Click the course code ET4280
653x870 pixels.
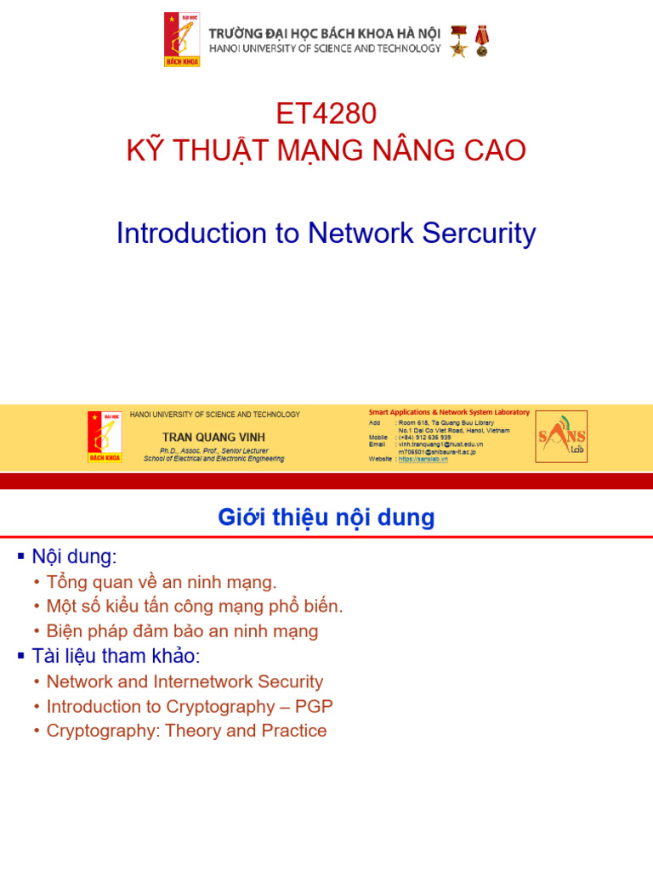pyautogui.click(x=326, y=113)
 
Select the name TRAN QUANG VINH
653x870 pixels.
pyautogui.click(x=213, y=438)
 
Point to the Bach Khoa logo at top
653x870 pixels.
pyautogui.click(x=182, y=40)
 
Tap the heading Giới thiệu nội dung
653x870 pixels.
pyautogui.click(x=326, y=517)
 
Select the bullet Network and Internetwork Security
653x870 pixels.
pyautogui.click(x=185, y=681)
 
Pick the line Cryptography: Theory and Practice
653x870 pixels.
pyautogui.click(x=186, y=731)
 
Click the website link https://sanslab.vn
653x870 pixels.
pyautogui.click(x=423, y=459)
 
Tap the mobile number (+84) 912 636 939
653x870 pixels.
pyautogui.click(x=424, y=438)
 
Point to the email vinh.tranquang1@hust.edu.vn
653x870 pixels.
pyautogui.click(x=440, y=444)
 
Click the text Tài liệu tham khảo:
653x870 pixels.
pyautogui.click(x=116, y=656)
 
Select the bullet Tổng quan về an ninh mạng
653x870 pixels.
pyautogui.click(x=162, y=582)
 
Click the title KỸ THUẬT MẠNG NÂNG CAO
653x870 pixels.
pyautogui.click(x=326, y=150)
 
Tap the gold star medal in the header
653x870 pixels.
pyautogui.click(x=459, y=41)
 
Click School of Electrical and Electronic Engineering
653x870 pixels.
pyautogui.click(x=213, y=459)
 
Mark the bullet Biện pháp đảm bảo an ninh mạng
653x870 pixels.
pyautogui.click(x=182, y=631)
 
